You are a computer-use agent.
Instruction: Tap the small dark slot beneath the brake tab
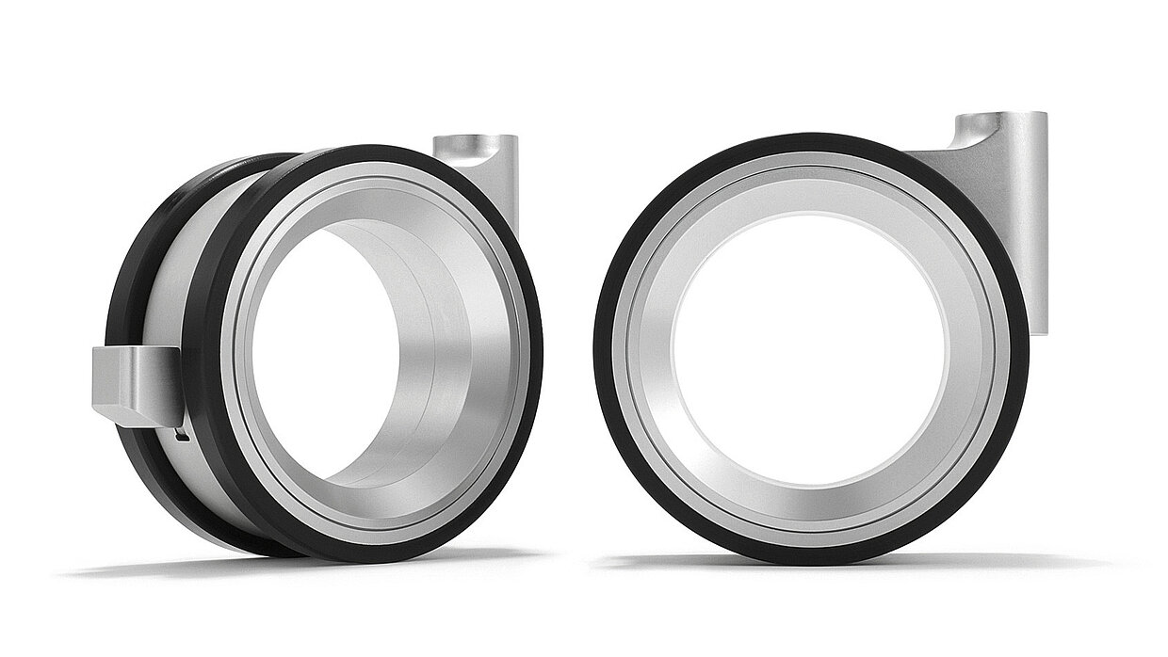(182, 435)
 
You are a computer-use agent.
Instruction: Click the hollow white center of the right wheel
(810, 348)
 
